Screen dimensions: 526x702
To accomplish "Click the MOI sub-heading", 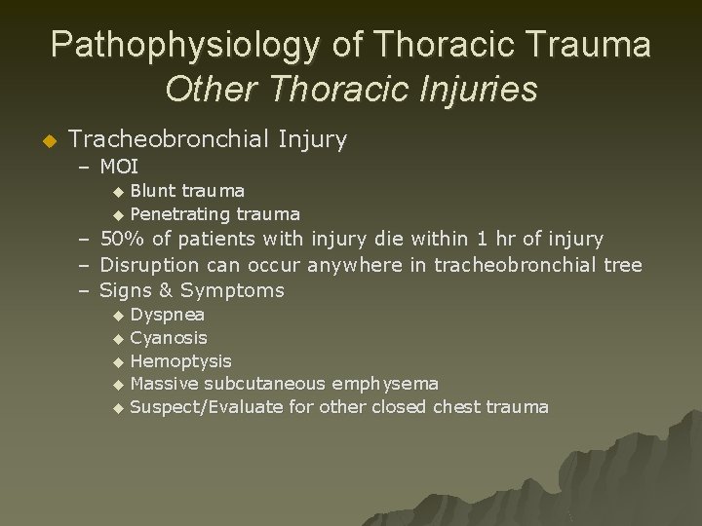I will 119,167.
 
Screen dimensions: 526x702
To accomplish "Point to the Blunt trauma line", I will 187,190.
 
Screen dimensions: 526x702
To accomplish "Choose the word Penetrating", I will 178,213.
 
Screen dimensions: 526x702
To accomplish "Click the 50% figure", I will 120,239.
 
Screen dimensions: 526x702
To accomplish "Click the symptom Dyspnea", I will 167,315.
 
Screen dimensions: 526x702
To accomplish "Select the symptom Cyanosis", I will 169,338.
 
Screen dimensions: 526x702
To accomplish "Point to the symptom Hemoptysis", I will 180,361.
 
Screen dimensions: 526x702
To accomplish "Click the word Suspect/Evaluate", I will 207,407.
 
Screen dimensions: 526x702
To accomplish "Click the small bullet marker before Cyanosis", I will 118,339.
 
